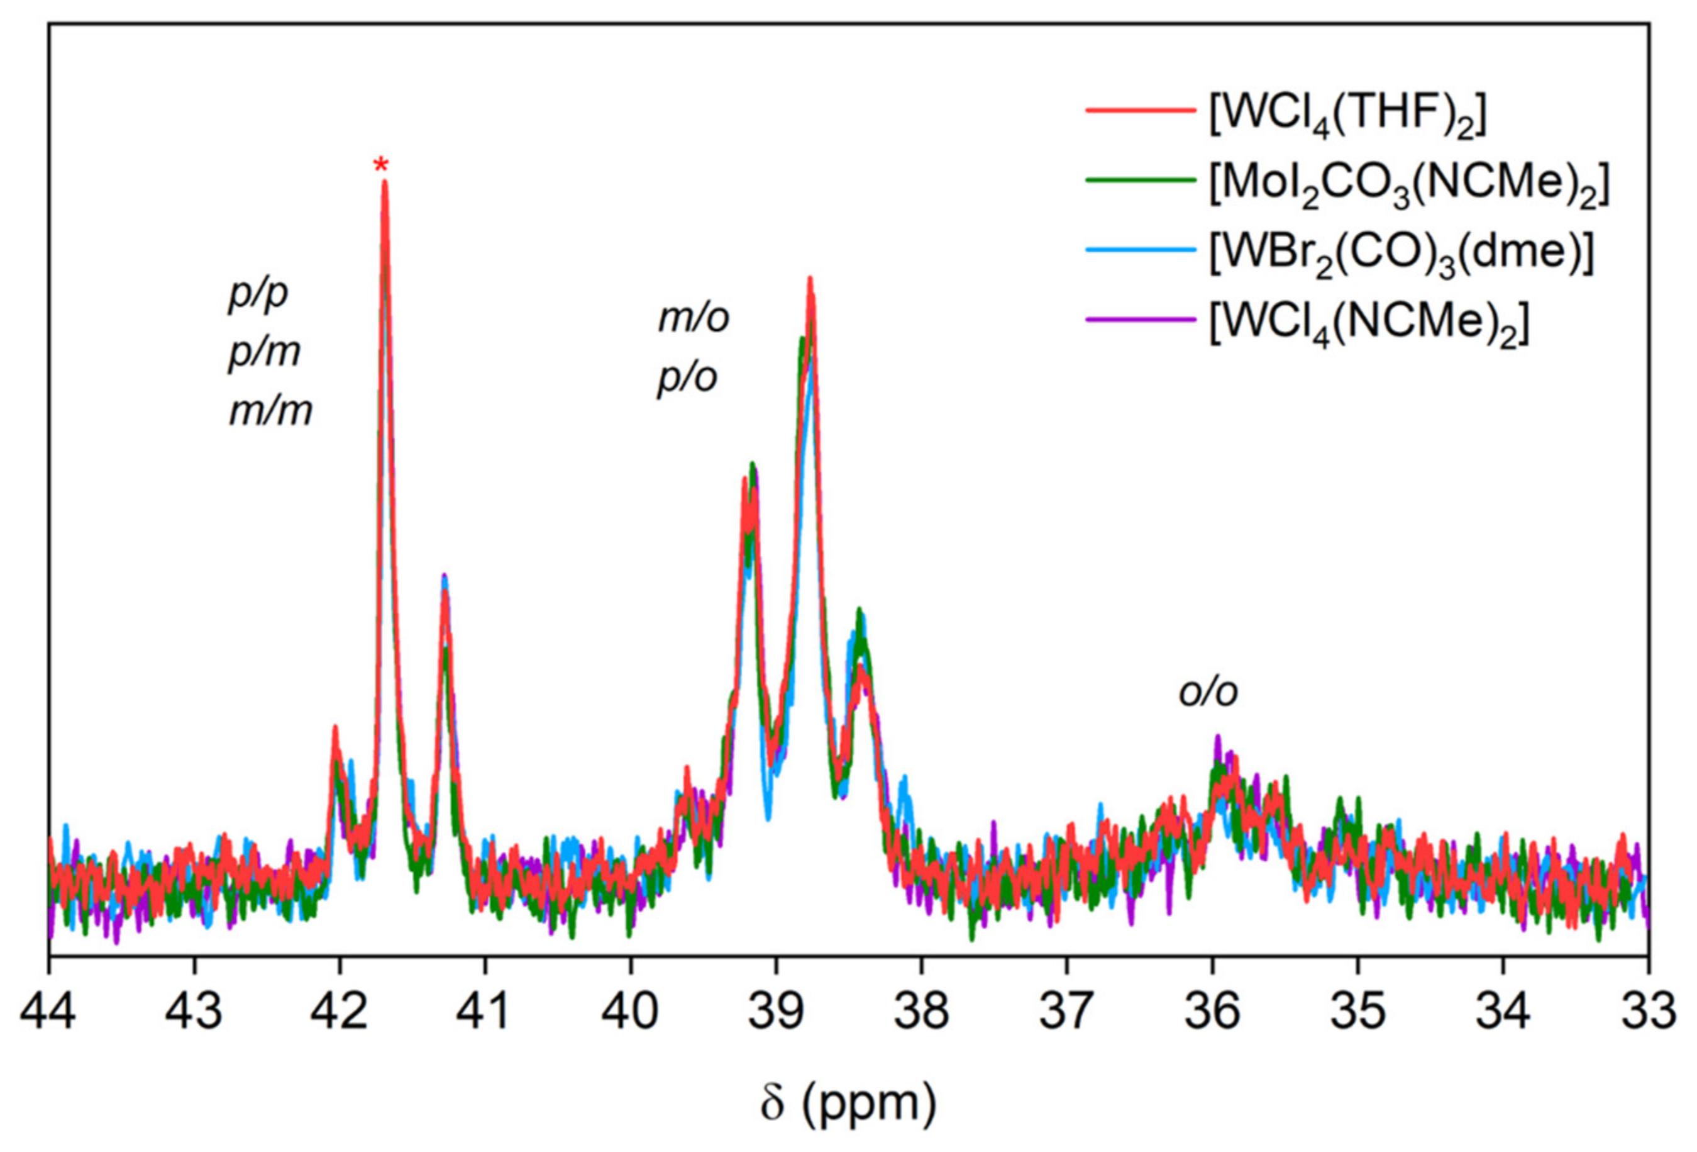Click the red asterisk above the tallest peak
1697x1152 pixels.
(x=380, y=164)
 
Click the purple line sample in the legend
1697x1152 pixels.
(x=1140, y=319)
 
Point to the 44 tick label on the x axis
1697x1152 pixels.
(x=48, y=1012)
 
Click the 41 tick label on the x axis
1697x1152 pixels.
(x=484, y=1012)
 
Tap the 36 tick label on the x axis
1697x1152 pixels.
(x=1212, y=1012)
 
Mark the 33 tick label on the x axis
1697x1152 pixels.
(x=1647, y=1012)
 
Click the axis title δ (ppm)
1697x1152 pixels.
(x=847, y=1102)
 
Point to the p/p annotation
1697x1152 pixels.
(x=258, y=294)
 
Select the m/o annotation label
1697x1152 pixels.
(x=693, y=319)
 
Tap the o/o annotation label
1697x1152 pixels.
(x=1208, y=692)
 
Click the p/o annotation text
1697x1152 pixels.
(x=687, y=378)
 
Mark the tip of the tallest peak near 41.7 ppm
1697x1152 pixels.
(x=385, y=182)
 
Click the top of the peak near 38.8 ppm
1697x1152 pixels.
(x=810, y=279)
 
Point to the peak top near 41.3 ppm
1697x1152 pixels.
(x=444, y=577)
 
